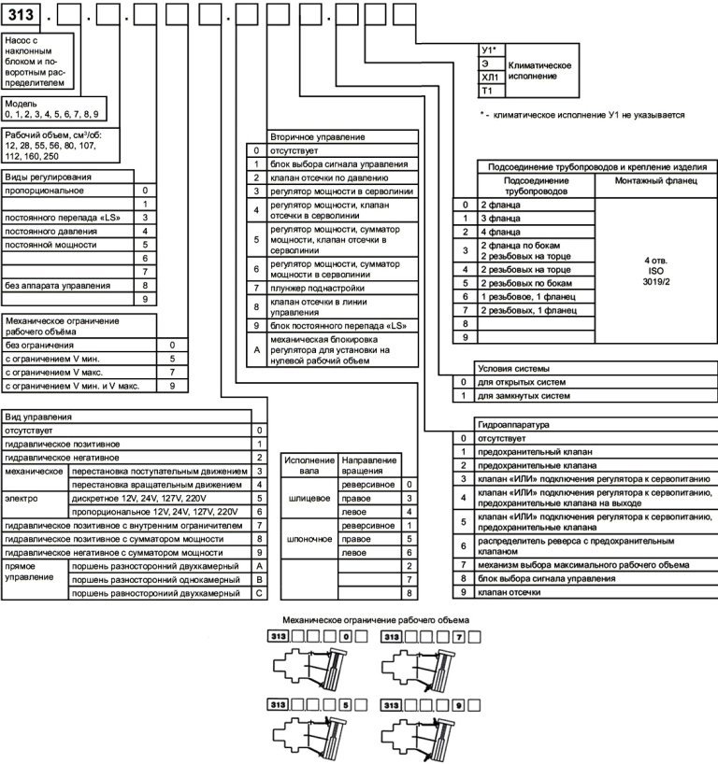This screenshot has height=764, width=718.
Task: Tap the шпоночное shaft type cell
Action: pos(309,540)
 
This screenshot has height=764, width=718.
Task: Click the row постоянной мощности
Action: pos(51,244)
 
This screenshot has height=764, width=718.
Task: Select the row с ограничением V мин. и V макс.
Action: pos(73,385)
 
